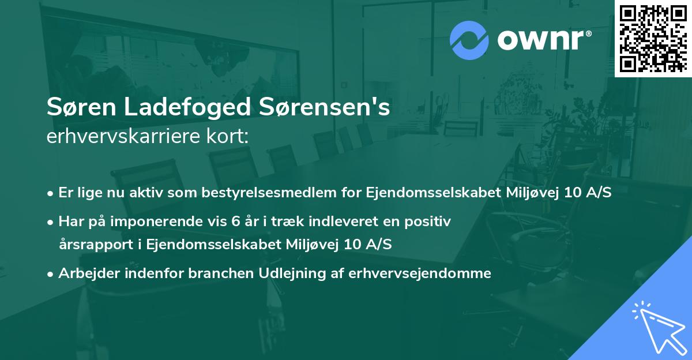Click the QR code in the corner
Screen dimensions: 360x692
(x=653, y=39)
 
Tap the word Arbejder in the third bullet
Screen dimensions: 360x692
(x=82, y=273)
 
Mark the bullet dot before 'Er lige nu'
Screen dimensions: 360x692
(x=51, y=193)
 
